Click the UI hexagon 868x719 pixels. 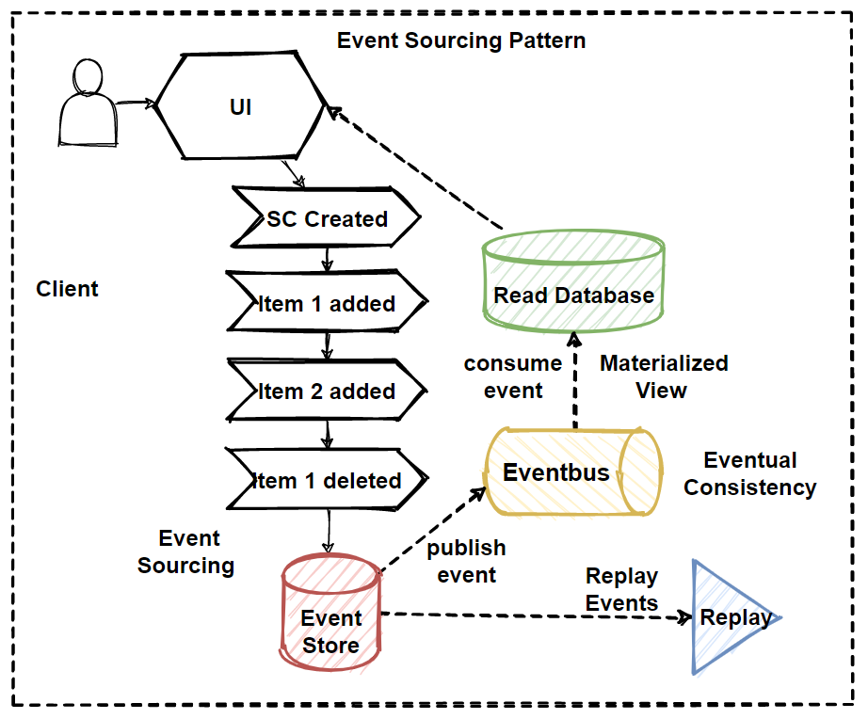click(x=241, y=106)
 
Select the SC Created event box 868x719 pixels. click(x=326, y=219)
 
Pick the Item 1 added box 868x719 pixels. click(x=326, y=304)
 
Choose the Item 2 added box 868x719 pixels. click(x=326, y=391)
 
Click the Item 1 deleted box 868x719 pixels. click(x=326, y=480)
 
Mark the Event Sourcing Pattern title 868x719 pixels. click(x=461, y=41)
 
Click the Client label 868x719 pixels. click(x=67, y=289)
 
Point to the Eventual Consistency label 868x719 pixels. click(x=749, y=473)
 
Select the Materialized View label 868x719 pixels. click(x=663, y=376)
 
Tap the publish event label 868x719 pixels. click(x=466, y=561)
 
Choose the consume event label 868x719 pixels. click(x=513, y=376)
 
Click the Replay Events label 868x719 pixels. click(x=621, y=589)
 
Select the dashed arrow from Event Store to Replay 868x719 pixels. click(x=537, y=616)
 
